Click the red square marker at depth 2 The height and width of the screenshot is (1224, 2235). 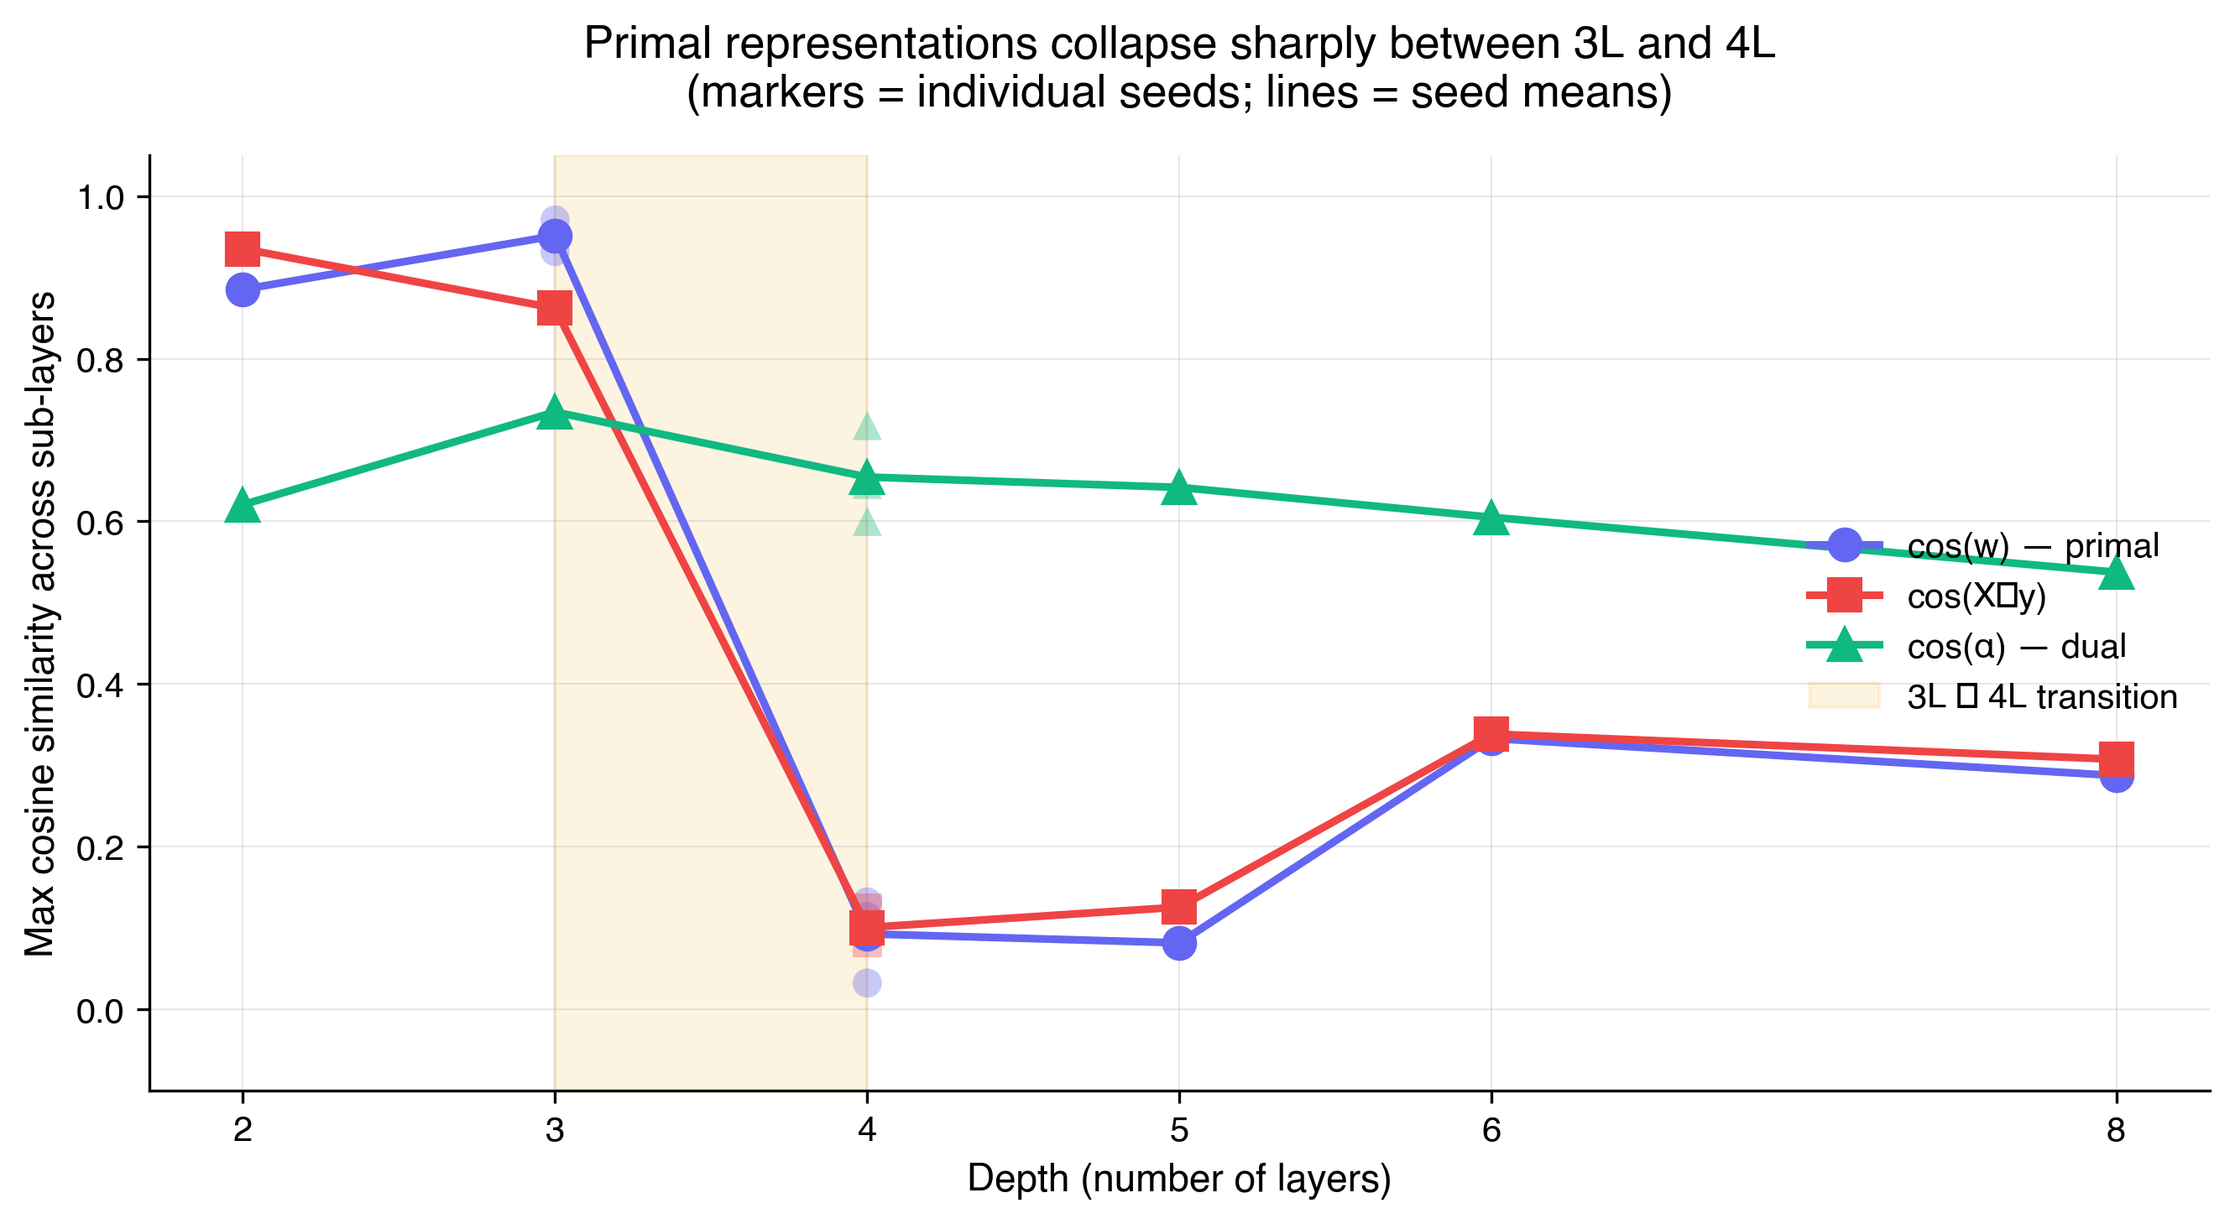coord(242,250)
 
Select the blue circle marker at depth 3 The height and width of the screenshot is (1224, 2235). coord(555,236)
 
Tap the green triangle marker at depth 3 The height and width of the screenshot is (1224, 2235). coord(555,414)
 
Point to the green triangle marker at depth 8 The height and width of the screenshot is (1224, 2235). coord(2116,573)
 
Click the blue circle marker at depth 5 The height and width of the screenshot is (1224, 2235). coord(1179,942)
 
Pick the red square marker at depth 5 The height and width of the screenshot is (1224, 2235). coord(1179,908)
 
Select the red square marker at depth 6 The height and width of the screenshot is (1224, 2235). coord(1491,734)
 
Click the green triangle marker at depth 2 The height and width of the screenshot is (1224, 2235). coord(242,507)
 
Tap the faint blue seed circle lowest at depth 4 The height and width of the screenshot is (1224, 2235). coord(867,983)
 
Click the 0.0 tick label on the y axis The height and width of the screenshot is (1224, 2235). coord(101,1011)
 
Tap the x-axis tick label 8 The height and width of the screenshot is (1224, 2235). coord(2116,1130)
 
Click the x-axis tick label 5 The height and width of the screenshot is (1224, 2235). coord(1179,1130)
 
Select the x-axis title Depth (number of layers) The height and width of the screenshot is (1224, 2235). coord(1179,1179)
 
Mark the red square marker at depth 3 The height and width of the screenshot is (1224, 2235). coord(555,308)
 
